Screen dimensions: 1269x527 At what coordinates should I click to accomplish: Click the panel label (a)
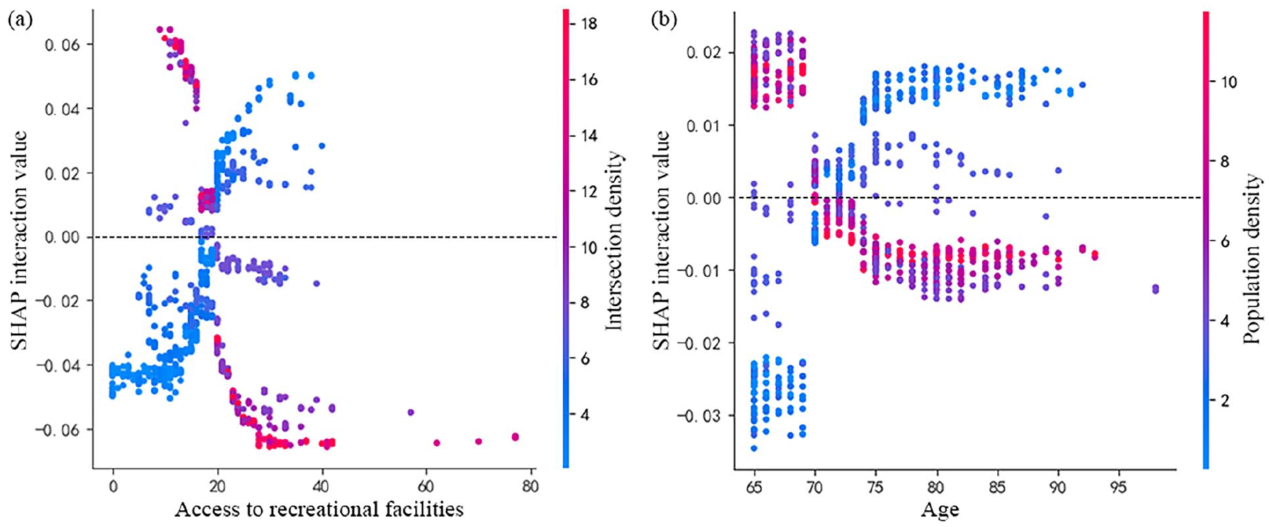coord(20,20)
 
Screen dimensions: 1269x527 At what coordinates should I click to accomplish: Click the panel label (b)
coord(664,20)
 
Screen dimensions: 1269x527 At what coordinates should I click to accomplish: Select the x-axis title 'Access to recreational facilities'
coord(319,509)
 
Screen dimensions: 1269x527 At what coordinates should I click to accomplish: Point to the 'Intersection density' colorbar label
coord(615,241)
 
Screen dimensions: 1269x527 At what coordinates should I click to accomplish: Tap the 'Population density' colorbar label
coord(1252,259)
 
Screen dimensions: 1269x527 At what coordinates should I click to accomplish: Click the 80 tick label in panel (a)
coord(530,486)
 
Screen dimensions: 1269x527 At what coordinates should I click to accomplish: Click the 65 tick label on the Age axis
coord(755,486)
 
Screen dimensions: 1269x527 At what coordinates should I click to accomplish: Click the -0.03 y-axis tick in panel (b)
coord(698,415)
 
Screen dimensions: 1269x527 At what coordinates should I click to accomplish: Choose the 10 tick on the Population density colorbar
coord(1222,82)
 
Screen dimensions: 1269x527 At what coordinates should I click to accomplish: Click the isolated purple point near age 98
coord(1155,289)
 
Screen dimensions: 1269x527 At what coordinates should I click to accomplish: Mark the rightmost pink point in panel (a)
coord(515,437)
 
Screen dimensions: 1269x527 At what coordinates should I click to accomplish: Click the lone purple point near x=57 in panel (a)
coord(410,413)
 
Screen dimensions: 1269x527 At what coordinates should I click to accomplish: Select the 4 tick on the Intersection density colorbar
coord(584,415)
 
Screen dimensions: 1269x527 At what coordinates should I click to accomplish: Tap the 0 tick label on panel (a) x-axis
coord(113,486)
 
